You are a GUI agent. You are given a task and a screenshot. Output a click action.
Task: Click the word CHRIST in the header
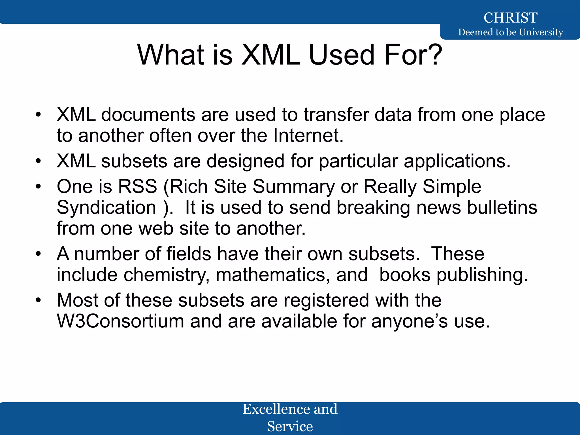coord(510,18)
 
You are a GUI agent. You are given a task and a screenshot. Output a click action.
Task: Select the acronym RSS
coord(137,186)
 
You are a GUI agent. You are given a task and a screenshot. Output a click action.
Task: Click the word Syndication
coord(106,207)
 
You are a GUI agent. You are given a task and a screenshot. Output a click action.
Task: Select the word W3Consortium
coord(121,321)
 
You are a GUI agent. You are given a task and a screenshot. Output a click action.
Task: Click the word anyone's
coord(410,321)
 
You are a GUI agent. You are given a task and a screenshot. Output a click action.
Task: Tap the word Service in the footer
coord(290,426)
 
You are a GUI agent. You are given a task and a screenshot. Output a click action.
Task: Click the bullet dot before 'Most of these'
coord(38,300)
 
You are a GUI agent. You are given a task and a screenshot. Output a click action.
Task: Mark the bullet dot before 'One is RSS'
coord(38,186)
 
